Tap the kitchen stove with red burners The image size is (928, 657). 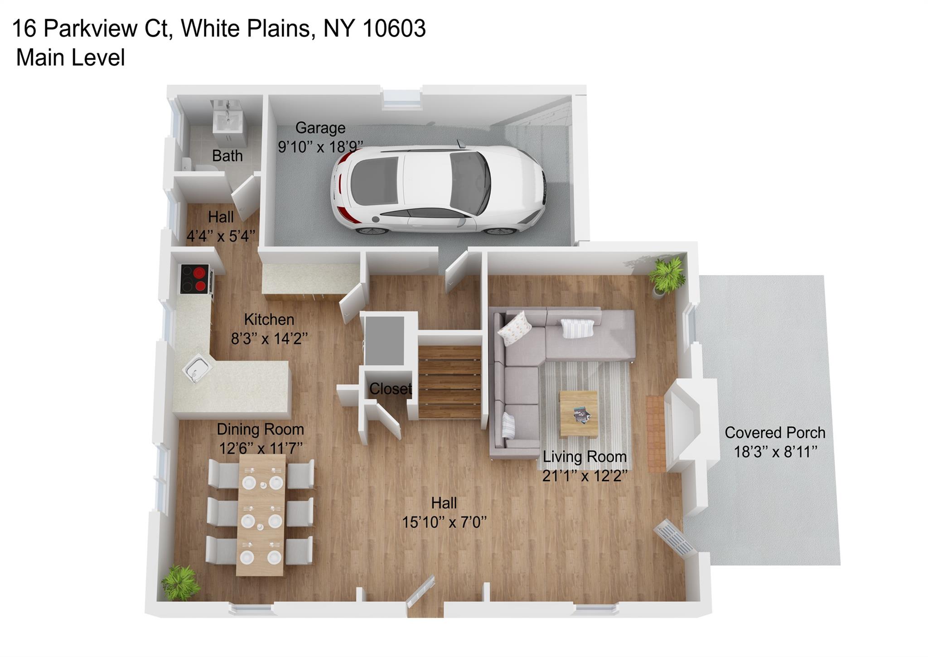196,279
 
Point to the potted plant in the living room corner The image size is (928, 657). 667,275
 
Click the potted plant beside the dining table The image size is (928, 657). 181,583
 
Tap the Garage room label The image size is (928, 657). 320,128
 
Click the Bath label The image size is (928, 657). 227,156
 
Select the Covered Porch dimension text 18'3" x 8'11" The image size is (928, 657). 775,452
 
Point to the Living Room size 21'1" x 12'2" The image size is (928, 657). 585,476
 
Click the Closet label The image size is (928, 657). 390,388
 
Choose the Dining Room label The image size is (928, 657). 260,429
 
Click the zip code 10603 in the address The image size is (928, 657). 394,29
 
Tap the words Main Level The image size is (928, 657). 70,58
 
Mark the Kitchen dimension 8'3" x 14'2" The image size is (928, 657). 269,338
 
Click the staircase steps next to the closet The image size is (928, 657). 449,382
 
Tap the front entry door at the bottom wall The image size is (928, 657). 421,591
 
